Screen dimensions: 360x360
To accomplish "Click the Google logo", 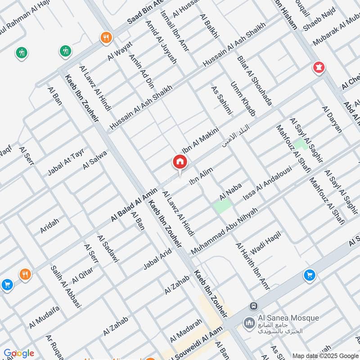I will coord(18,353).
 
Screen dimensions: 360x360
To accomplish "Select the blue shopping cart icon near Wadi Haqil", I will coord(309,274).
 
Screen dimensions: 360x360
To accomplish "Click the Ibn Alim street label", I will coord(201,175).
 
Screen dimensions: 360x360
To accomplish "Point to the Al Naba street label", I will coord(231,192).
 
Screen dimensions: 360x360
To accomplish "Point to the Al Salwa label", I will coord(95,160).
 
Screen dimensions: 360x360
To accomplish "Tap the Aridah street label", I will coord(49,225).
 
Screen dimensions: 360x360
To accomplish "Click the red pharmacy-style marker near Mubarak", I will coord(319,68).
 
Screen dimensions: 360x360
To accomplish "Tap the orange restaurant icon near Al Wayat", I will coord(106,37).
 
